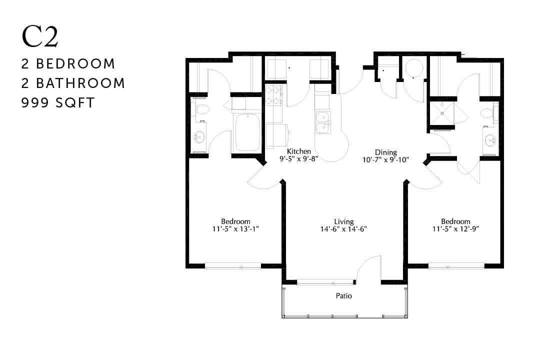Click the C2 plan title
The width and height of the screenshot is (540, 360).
[40, 37]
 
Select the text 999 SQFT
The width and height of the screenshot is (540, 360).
[58, 102]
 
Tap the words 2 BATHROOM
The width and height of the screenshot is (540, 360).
[73, 83]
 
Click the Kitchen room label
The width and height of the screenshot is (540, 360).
[299, 151]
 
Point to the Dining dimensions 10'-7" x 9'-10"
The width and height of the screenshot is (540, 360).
[386, 160]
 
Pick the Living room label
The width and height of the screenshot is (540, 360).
[344, 221]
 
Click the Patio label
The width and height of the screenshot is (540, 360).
[343, 296]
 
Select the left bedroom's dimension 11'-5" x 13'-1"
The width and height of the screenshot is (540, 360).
[235, 229]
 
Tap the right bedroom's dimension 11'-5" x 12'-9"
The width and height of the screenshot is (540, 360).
[455, 229]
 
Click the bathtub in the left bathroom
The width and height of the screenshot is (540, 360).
[246, 132]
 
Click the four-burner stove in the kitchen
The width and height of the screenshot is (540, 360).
[273, 96]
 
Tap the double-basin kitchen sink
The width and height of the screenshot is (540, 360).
[323, 122]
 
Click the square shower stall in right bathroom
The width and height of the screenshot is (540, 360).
[441, 113]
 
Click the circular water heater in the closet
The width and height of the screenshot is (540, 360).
[413, 68]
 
